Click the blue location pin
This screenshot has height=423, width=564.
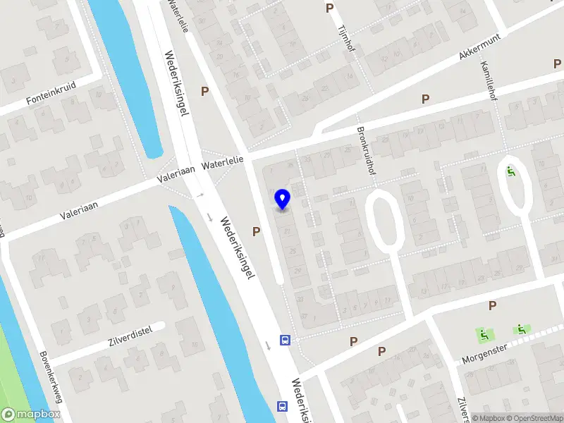282,200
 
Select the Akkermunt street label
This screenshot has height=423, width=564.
479,46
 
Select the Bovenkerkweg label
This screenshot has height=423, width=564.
51,376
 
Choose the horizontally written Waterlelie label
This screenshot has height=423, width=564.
222,164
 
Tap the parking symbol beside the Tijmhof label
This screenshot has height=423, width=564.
329,8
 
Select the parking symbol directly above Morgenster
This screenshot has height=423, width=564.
492,305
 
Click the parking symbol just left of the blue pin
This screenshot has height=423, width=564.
257,231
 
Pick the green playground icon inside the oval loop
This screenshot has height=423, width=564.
511,170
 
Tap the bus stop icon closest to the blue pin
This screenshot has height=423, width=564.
285,341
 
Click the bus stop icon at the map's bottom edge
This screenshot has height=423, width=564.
282,406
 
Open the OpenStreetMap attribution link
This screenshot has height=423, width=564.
534,418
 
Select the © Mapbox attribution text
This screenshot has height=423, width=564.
489,418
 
